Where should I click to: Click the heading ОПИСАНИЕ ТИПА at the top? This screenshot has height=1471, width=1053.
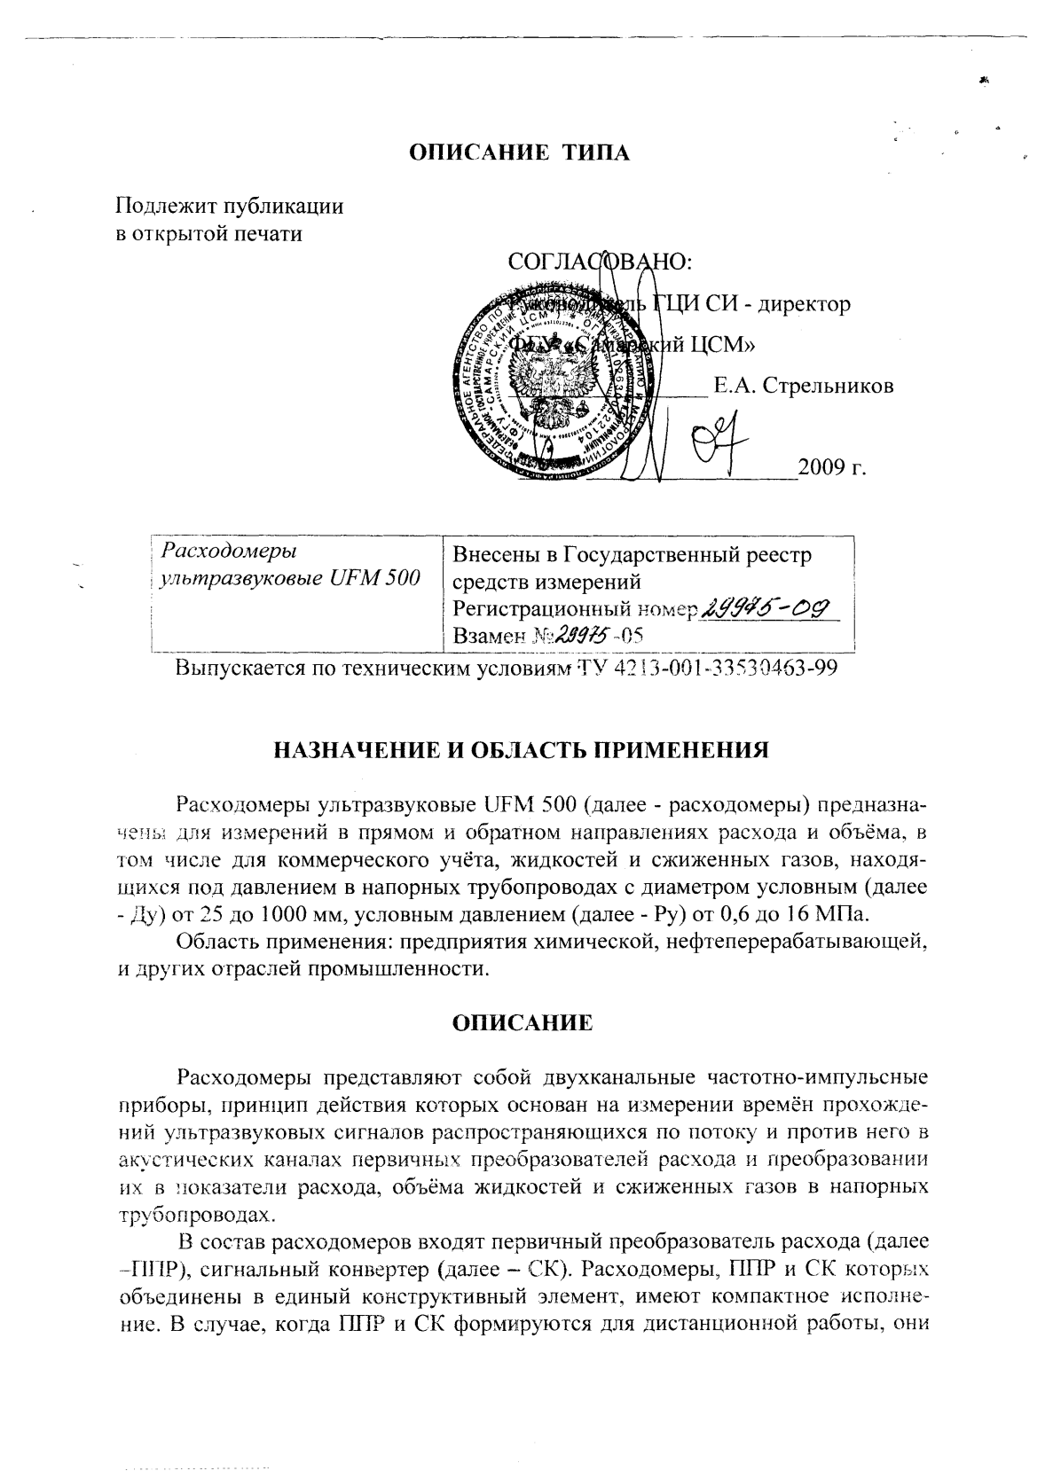point(519,153)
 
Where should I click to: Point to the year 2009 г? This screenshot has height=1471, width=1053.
point(831,467)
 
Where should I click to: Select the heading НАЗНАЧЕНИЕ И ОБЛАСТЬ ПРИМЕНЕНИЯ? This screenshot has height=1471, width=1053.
point(519,750)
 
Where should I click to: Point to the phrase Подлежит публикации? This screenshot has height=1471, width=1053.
point(230,206)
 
